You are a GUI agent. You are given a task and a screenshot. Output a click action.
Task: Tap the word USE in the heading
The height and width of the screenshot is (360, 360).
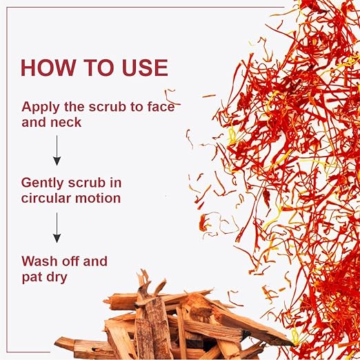(145, 68)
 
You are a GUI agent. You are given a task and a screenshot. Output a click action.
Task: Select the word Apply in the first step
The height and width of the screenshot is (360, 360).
(41, 108)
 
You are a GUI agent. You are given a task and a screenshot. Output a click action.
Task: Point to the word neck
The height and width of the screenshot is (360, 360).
(66, 122)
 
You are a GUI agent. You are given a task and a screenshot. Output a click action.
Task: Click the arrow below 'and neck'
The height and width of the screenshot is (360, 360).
(57, 150)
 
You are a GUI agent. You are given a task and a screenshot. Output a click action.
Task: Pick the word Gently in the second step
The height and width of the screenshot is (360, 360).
(42, 183)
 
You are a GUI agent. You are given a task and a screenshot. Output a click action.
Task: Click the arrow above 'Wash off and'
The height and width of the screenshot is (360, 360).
(57, 228)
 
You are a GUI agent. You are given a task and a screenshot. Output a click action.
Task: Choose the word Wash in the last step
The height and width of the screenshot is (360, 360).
(39, 261)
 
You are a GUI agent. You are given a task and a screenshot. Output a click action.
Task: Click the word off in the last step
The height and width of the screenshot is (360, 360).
(70, 261)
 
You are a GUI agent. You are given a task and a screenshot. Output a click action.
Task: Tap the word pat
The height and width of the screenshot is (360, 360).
(32, 278)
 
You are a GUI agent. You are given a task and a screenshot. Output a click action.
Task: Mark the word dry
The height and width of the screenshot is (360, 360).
(57, 278)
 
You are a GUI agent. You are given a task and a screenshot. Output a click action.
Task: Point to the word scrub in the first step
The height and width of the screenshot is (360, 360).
(107, 107)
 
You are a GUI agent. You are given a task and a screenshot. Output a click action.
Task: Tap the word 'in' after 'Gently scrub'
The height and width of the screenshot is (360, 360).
(115, 183)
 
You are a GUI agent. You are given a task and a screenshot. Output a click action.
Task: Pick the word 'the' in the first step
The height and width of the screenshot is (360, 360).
(74, 107)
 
